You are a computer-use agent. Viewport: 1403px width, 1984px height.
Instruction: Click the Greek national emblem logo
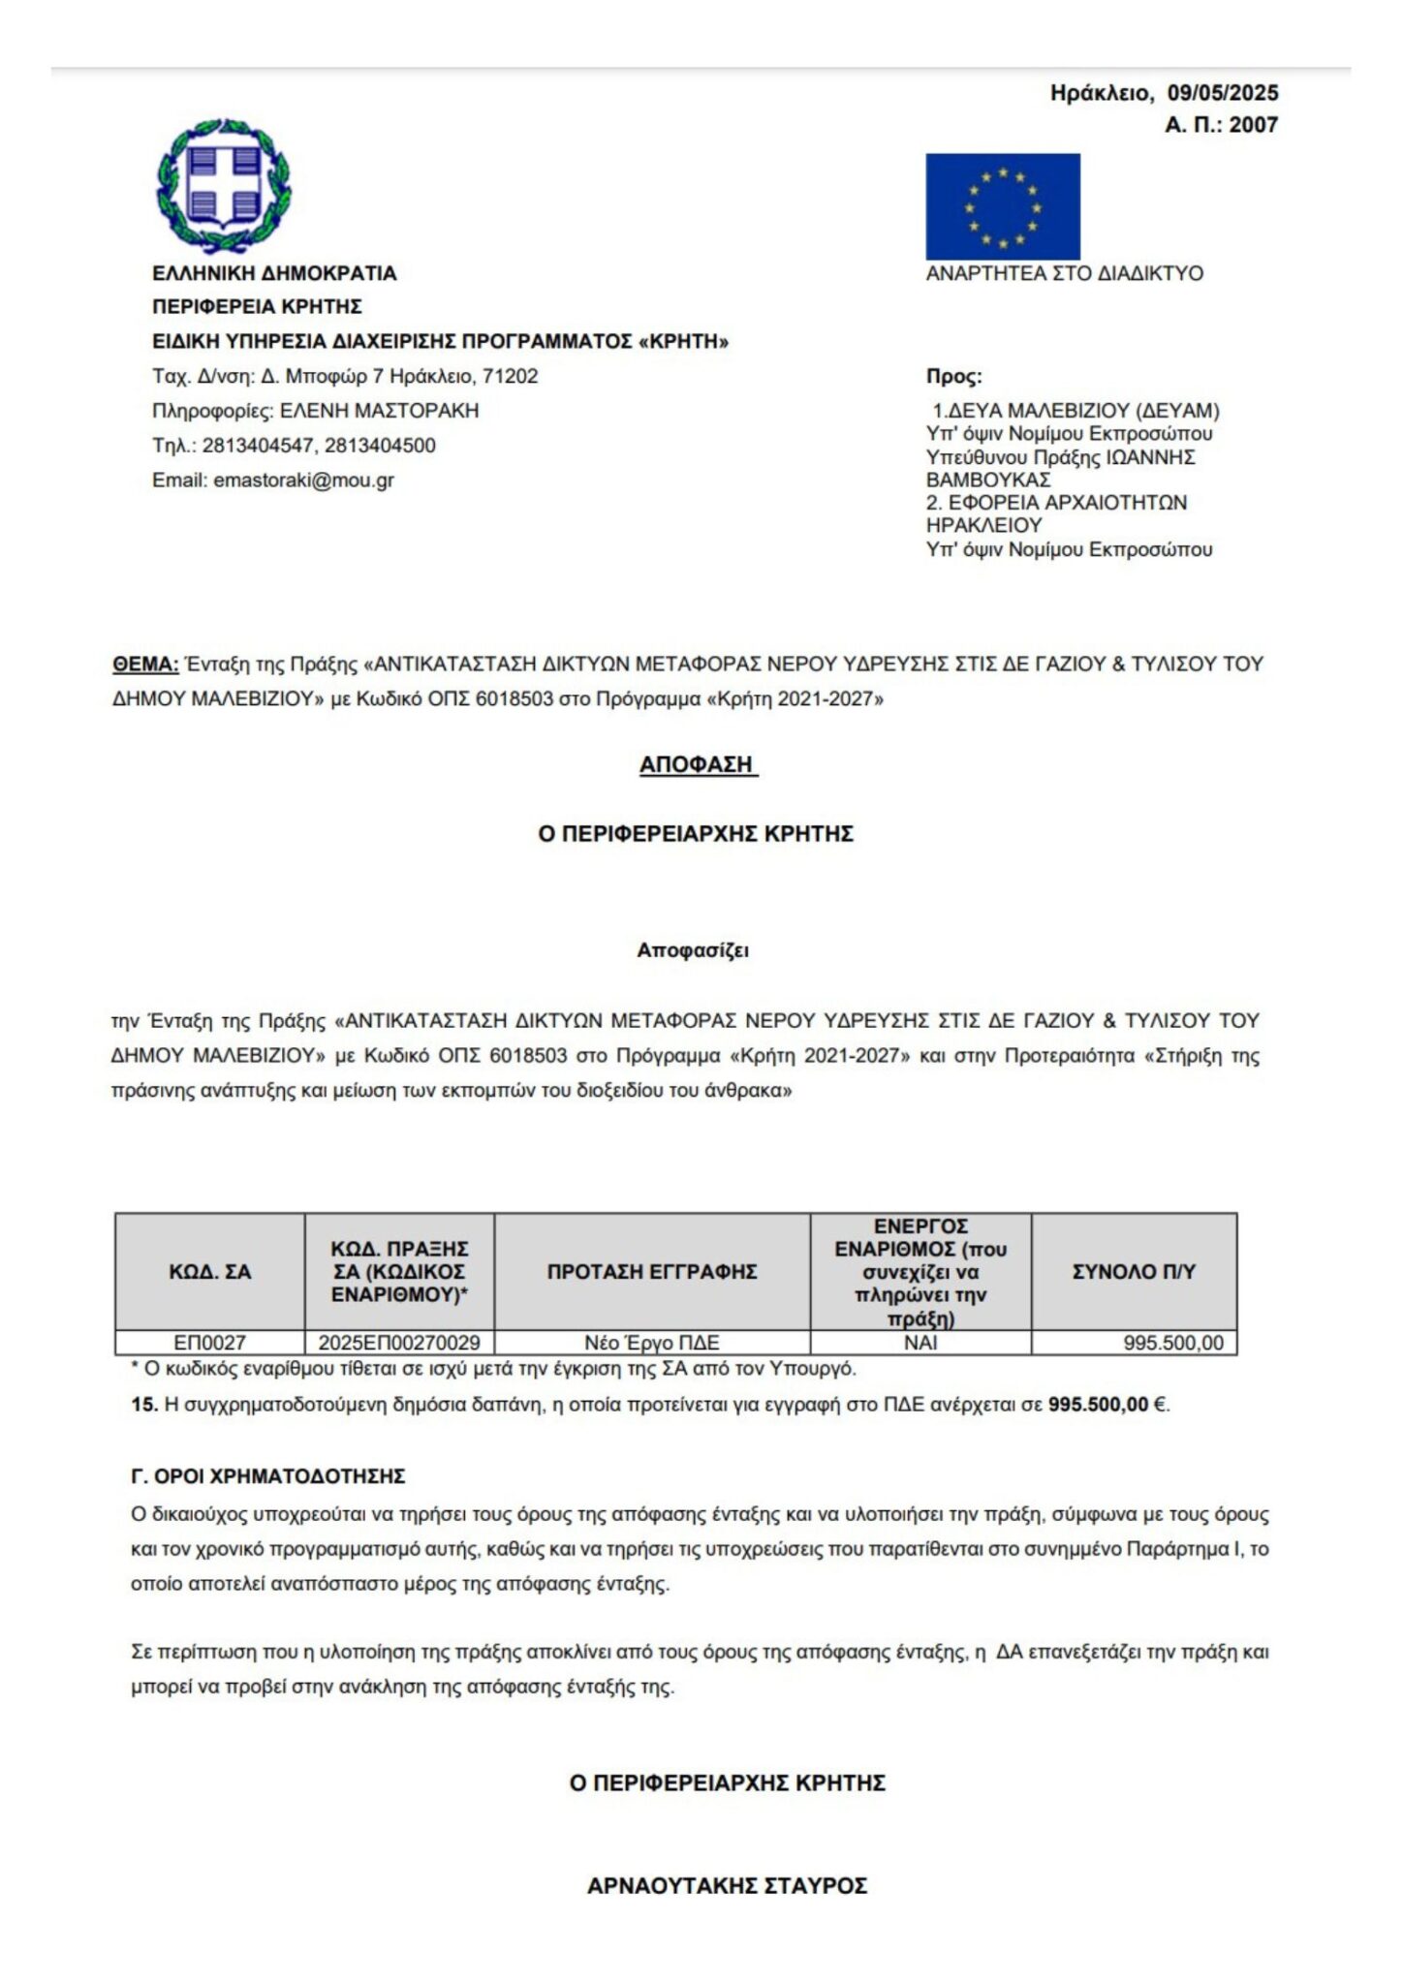click(224, 184)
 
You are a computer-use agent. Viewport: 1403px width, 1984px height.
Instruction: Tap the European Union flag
click(1002, 205)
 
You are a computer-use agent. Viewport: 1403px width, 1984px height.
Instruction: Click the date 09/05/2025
click(1222, 93)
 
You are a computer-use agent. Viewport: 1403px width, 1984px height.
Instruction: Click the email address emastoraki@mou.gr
click(303, 480)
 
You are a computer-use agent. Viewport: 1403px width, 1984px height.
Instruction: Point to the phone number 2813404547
click(259, 446)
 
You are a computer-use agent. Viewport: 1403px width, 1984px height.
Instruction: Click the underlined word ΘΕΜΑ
click(145, 665)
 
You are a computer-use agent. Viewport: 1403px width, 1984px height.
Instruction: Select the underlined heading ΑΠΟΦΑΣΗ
click(697, 764)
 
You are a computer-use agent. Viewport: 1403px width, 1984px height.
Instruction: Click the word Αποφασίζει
click(693, 950)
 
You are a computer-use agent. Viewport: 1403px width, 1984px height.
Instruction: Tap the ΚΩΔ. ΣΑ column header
click(209, 1271)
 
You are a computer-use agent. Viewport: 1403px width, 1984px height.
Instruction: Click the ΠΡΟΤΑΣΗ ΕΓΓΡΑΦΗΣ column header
click(651, 1271)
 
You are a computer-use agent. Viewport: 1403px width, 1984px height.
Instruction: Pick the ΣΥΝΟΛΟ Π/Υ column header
click(1134, 1271)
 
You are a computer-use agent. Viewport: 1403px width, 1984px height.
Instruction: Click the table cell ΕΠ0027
click(209, 1343)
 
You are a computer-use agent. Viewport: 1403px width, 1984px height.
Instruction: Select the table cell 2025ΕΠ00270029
click(399, 1343)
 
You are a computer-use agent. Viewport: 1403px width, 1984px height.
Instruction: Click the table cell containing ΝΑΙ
click(920, 1343)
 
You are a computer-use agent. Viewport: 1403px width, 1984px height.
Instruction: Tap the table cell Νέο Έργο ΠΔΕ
click(651, 1343)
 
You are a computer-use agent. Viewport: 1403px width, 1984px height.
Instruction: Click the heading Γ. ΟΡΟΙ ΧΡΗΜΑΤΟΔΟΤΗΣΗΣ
click(267, 1476)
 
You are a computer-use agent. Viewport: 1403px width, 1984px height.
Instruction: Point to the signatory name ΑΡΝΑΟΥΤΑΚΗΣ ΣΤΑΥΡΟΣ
click(727, 1885)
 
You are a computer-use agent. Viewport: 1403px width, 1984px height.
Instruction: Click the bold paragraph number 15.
click(144, 1405)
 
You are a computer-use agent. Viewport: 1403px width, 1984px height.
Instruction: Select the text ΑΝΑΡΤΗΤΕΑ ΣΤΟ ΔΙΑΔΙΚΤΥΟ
click(1064, 273)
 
